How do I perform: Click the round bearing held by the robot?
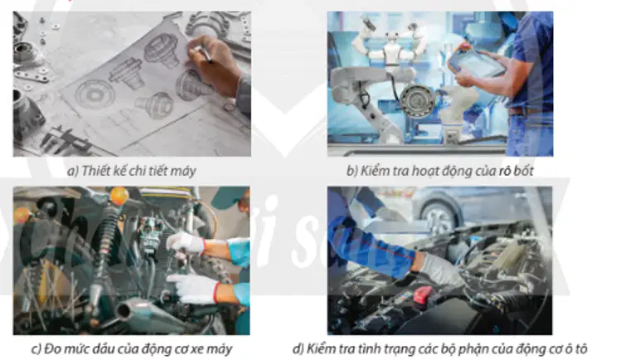[x=417, y=100]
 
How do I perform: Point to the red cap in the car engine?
[x=423, y=294]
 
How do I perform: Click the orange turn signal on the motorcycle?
[x=119, y=196]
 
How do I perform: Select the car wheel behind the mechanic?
[x=439, y=217]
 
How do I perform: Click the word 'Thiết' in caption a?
[x=95, y=171]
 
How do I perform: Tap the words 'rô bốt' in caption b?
[x=516, y=171]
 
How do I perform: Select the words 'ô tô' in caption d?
[x=576, y=349]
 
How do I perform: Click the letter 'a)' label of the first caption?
[x=73, y=171]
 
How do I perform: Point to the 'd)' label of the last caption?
[x=298, y=349]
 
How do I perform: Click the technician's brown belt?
[x=524, y=111]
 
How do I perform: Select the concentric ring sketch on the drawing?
[x=95, y=95]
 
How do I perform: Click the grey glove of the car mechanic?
[x=440, y=269]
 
